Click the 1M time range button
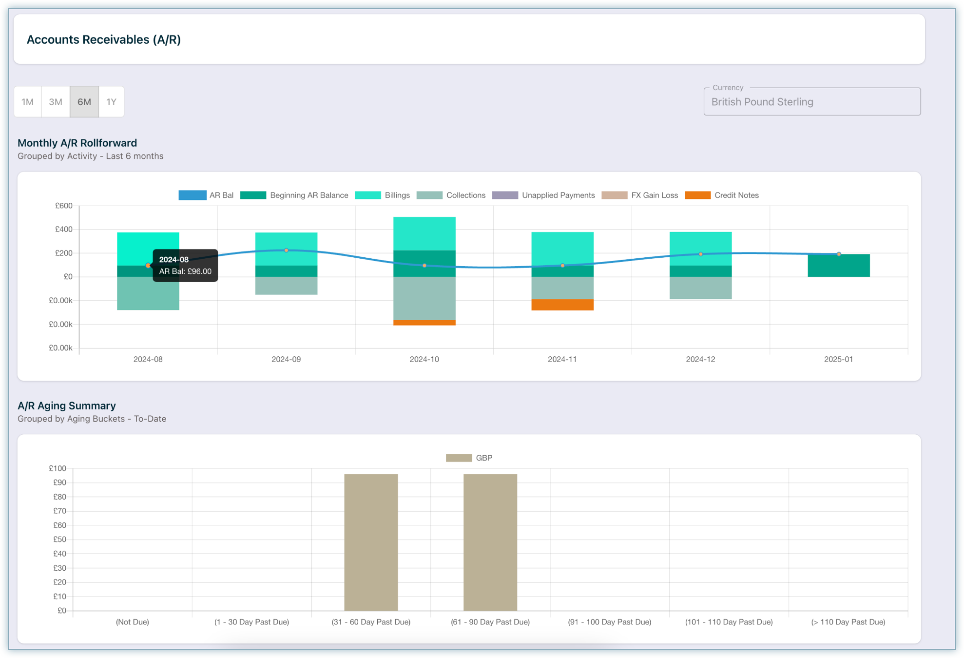[x=27, y=102]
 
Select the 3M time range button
[x=55, y=102]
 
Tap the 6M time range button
[x=84, y=102]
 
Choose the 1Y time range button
[x=111, y=102]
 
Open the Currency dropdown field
[x=812, y=102]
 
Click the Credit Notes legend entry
[x=722, y=195]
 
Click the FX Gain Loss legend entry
[x=640, y=195]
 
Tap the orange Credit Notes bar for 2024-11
[x=562, y=305]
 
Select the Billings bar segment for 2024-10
[x=424, y=234]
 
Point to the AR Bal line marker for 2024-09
[x=286, y=250]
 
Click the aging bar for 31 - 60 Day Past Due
[x=371, y=542]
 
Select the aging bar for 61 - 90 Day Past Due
[x=490, y=542]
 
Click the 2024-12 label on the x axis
[x=700, y=359]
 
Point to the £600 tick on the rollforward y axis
[x=64, y=206]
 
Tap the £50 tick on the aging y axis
[x=60, y=539]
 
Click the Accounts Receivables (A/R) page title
[x=104, y=39]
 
